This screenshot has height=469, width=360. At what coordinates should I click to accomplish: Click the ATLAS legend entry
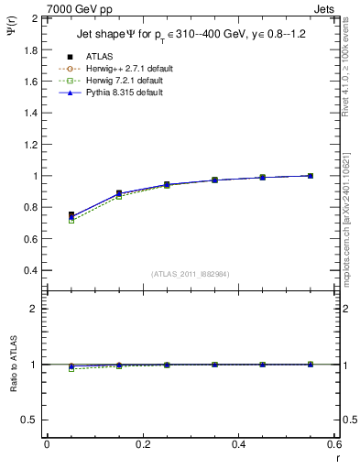(x=99, y=56)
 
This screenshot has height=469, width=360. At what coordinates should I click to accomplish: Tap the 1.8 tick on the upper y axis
(x=31, y=49)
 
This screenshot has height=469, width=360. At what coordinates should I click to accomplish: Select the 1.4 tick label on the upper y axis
(x=31, y=113)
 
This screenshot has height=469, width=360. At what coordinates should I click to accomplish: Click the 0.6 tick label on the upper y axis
(x=31, y=239)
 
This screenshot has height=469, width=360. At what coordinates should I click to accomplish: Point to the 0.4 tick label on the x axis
(x=239, y=444)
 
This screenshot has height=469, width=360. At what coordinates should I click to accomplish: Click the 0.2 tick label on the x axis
(x=143, y=444)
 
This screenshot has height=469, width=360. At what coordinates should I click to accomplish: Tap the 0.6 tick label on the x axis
(x=335, y=444)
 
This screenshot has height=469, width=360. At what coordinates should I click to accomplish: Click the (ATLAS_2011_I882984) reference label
(x=190, y=273)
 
